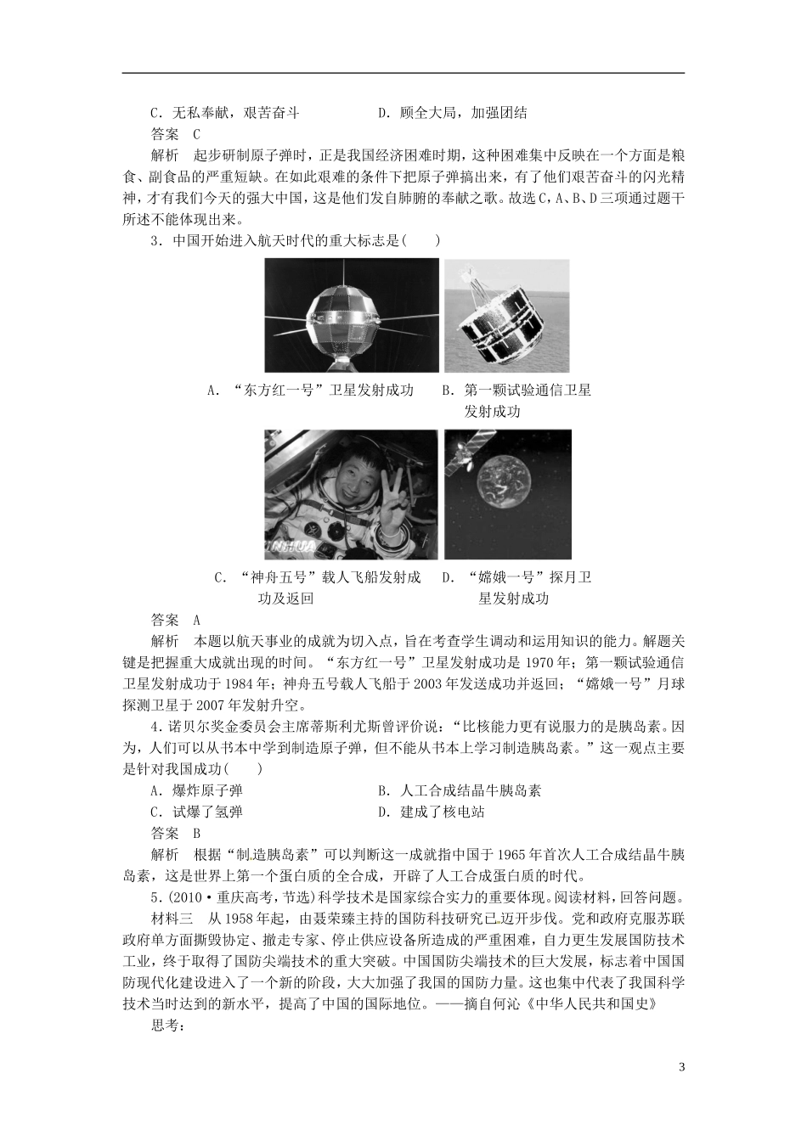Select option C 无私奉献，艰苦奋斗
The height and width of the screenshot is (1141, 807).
click(x=224, y=113)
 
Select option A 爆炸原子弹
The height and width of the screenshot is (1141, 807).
click(x=196, y=791)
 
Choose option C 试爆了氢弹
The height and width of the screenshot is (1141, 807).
click(x=196, y=812)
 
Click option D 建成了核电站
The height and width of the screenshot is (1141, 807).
click(x=432, y=812)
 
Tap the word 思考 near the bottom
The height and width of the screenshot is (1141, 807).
click(x=167, y=1025)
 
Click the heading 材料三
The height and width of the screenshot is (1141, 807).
click(x=171, y=918)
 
